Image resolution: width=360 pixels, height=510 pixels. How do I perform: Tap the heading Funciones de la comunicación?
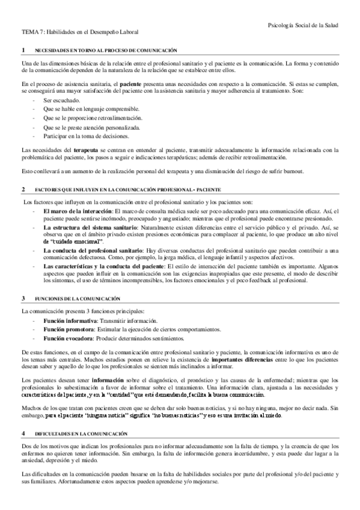78,298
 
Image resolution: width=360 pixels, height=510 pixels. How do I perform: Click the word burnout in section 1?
295,173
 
